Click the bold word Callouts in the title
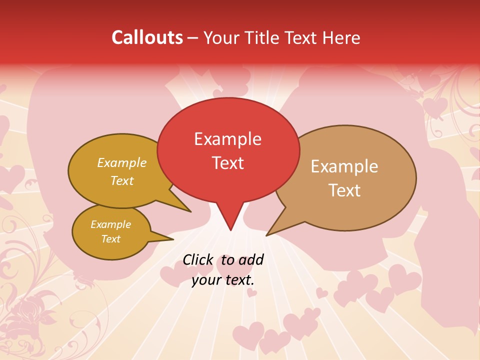pyautogui.click(x=147, y=37)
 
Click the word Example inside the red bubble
pyautogui.click(x=227, y=139)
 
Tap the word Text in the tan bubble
pyautogui.click(x=344, y=190)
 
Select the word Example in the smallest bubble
pyautogui.click(x=110, y=224)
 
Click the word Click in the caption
pyautogui.click(x=199, y=259)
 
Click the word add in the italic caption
pyautogui.click(x=251, y=259)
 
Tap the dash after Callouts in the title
pyautogui.click(x=192, y=37)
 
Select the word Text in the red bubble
pyautogui.click(x=227, y=163)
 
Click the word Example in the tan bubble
pyautogui.click(x=344, y=166)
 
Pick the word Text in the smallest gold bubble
pyautogui.click(x=110, y=239)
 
